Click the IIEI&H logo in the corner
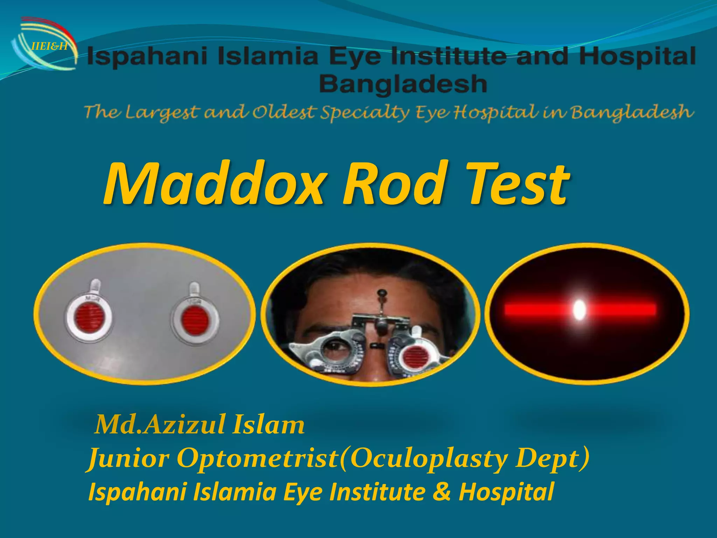(x=44, y=46)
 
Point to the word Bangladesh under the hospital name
(x=403, y=84)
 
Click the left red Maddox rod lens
(x=90, y=318)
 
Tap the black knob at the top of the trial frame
(x=381, y=292)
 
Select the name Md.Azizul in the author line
(x=160, y=425)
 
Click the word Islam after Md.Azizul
(x=268, y=425)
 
